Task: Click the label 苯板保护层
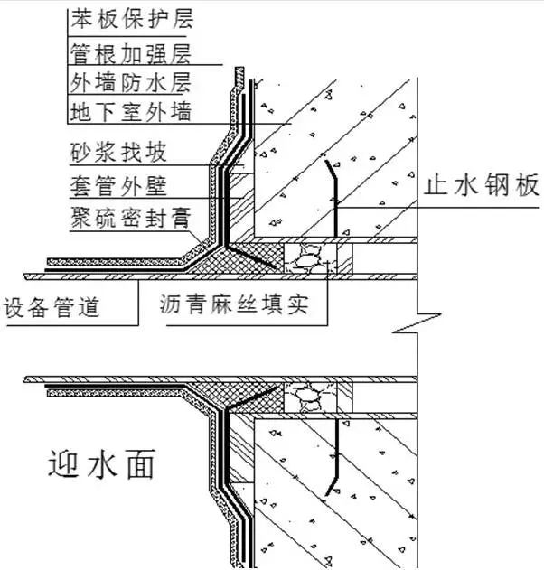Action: (130, 17)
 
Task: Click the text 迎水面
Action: (101, 465)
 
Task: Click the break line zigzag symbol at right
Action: (417, 319)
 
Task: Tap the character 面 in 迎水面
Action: (138, 465)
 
